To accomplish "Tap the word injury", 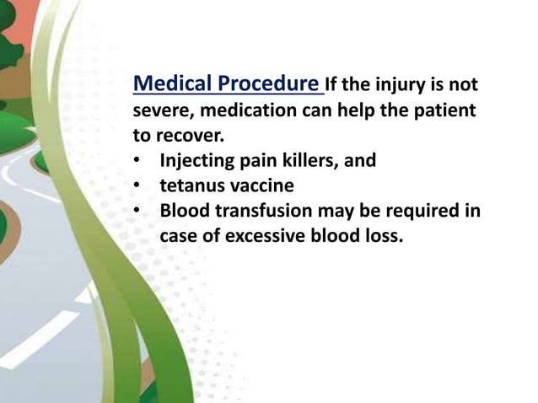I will tap(400, 85).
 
